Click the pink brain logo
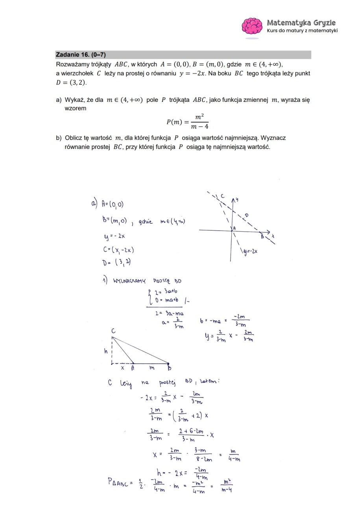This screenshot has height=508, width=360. pyautogui.click(x=252, y=26)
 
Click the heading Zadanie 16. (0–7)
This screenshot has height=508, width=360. pyautogui.click(x=81, y=55)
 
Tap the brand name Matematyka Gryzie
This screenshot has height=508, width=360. pyautogui.click(x=301, y=22)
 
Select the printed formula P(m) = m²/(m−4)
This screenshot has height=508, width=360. pyautogui.click(x=187, y=121)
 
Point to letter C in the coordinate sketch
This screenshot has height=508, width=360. pyautogui.click(x=223, y=196)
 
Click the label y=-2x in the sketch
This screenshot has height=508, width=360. pyautogui.click(x=250, y=251)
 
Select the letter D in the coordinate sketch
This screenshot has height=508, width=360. pyautogui.click(x=247, y=215)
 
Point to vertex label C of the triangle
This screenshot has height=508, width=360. pyautogui.click(x=113, y=331)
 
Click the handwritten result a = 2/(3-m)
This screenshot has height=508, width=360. pyautogui.click(x=173, y=322)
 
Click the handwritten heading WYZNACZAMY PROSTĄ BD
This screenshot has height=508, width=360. pyautogui.click(x=142, y=281)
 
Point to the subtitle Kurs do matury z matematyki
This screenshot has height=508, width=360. pyautogui.click(x=302, y=31)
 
